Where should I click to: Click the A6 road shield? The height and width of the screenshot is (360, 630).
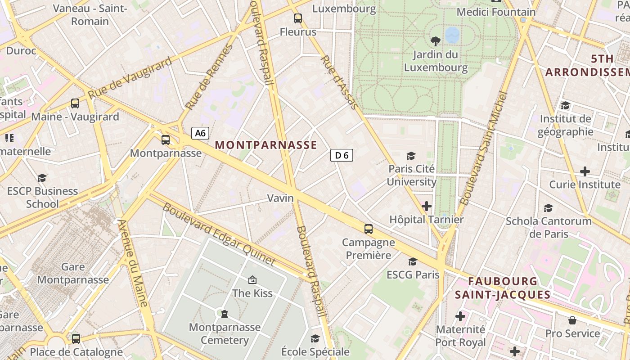click(200, 133)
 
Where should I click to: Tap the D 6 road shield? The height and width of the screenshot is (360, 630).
click(342, 156)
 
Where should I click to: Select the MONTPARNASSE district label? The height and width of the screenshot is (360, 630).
click(266, 145)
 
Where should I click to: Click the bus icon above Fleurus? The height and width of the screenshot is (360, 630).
click(298, 18)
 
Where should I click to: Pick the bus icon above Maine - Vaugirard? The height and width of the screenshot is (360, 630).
click(75, 103)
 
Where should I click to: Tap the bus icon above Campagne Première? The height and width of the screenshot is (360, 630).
click(369, 229)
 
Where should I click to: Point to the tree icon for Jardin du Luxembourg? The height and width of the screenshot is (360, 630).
click(436, 41)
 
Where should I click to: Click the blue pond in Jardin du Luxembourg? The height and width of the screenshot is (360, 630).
click(452, 34)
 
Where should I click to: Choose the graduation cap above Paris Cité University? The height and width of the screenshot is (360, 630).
click(411, 156)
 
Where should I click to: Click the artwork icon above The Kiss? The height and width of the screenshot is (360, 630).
click(252, 280)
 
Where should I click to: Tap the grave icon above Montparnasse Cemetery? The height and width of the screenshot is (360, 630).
click(225, 314)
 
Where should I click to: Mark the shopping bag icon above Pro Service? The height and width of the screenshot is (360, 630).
click(572, 320)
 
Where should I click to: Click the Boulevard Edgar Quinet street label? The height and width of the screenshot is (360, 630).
click(219, 234)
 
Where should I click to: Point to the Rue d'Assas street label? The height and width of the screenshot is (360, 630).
click(339, 83)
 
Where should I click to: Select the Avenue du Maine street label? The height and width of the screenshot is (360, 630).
click(133, 263)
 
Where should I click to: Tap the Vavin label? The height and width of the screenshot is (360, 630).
click(280, 198)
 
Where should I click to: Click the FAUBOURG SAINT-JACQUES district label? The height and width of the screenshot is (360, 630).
click(503, 288)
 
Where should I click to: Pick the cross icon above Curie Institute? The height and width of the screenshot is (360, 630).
click(585, 171)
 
